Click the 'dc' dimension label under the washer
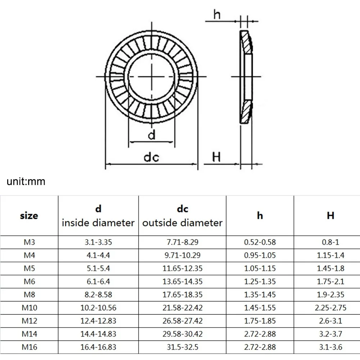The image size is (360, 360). pyautogui.click(x=151, y=157)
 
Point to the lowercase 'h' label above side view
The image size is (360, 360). pyautogui.click(x=217, y=15)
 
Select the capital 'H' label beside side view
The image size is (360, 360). pyautogui.click(x=216, y=157)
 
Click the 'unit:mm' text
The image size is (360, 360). pyautogui.click(x=26, y=181)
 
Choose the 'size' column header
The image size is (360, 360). pyautogui.click(x=29, y=216)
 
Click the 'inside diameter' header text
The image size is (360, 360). pyautogui.click(x=98, y=223)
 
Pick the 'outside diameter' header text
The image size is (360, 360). pyautogui.click(x=183, y=223)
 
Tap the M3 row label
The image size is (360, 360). pyautogui.click(x=29, y=243)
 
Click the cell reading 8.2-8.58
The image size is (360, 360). pyautogui.click(x=98, y=295)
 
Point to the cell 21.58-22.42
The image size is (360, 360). pyautogui.click(x=183, y=308)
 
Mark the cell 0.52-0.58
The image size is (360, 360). pyautogui.click(x=260, y=243)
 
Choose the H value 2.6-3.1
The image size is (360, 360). pyautogui.click(x=330, y=321)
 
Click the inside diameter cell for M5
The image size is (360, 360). pyautogui.click(x=98, y=269)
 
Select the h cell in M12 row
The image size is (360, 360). pyautogui.click(x=260, y=321)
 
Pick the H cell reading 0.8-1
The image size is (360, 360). pyautogui.click(x=330, y=243)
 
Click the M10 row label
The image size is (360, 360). pyautogui.click(x=29, y=308)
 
